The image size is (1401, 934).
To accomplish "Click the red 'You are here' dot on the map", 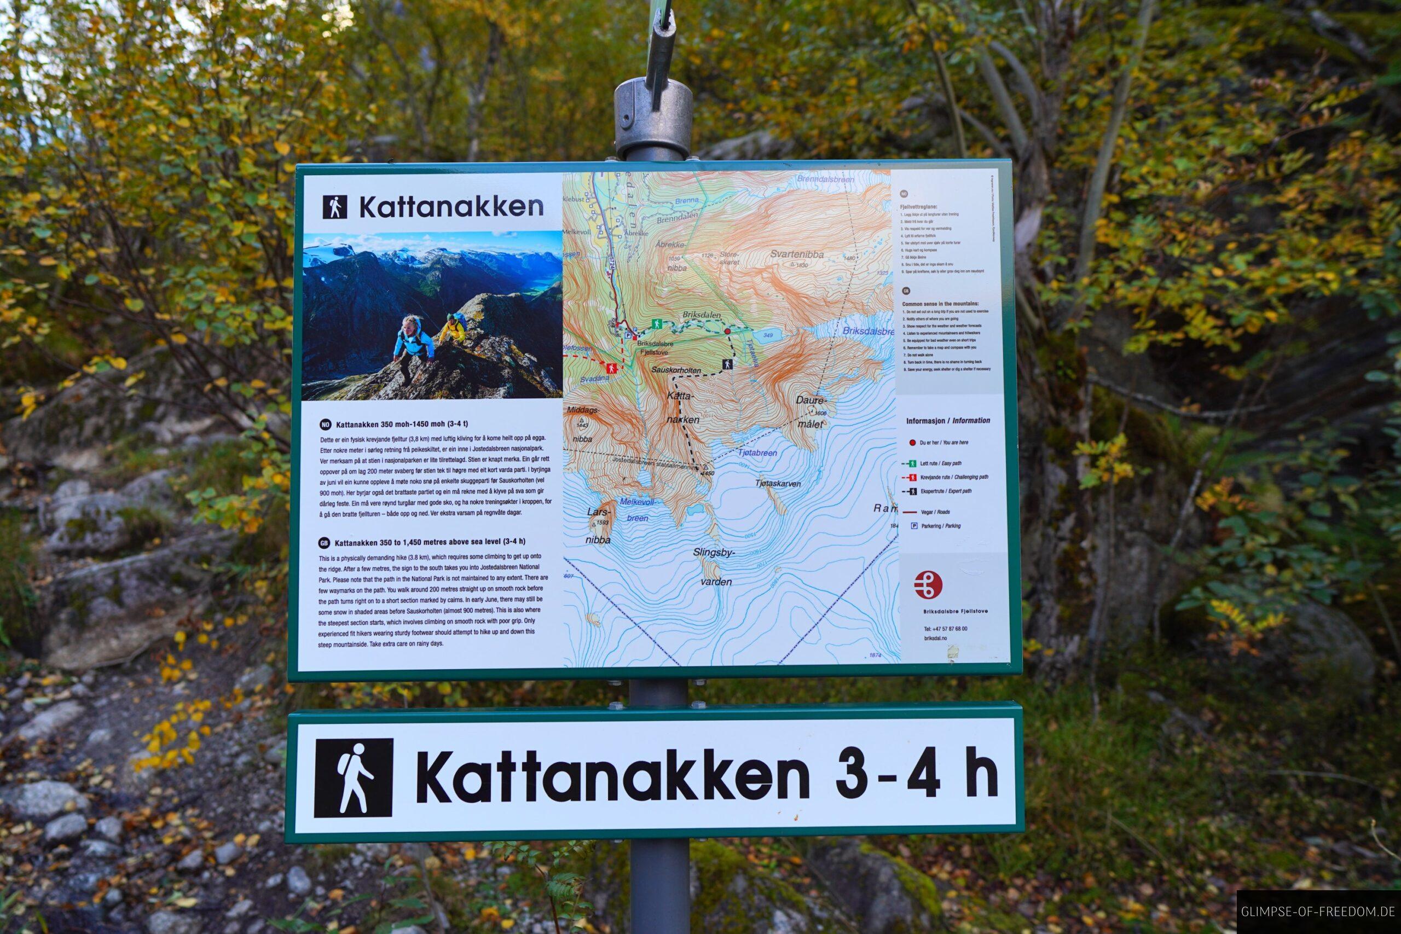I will pyautogui.click(x=727, y=330).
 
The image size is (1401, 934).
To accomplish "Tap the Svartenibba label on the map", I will pyautogui.click(x=796, y=254).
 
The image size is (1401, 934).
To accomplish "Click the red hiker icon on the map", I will pyautogui.click(x=610, y=368).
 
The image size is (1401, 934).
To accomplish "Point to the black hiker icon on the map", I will pyautogui.click(x=727, y=363).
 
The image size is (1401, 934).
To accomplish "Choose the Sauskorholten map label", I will pyautogui.click(x=676, y=369).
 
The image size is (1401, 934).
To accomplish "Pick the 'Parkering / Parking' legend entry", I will pyautogui.click(x=937, y=526).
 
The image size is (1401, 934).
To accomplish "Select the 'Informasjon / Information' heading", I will pyautogui.click(x=948, y=421).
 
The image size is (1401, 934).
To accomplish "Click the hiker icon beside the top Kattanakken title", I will pyautogui.click(x=334, y=207).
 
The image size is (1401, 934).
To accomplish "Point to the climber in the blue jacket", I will pyautogui.click(x=411, y=347).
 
